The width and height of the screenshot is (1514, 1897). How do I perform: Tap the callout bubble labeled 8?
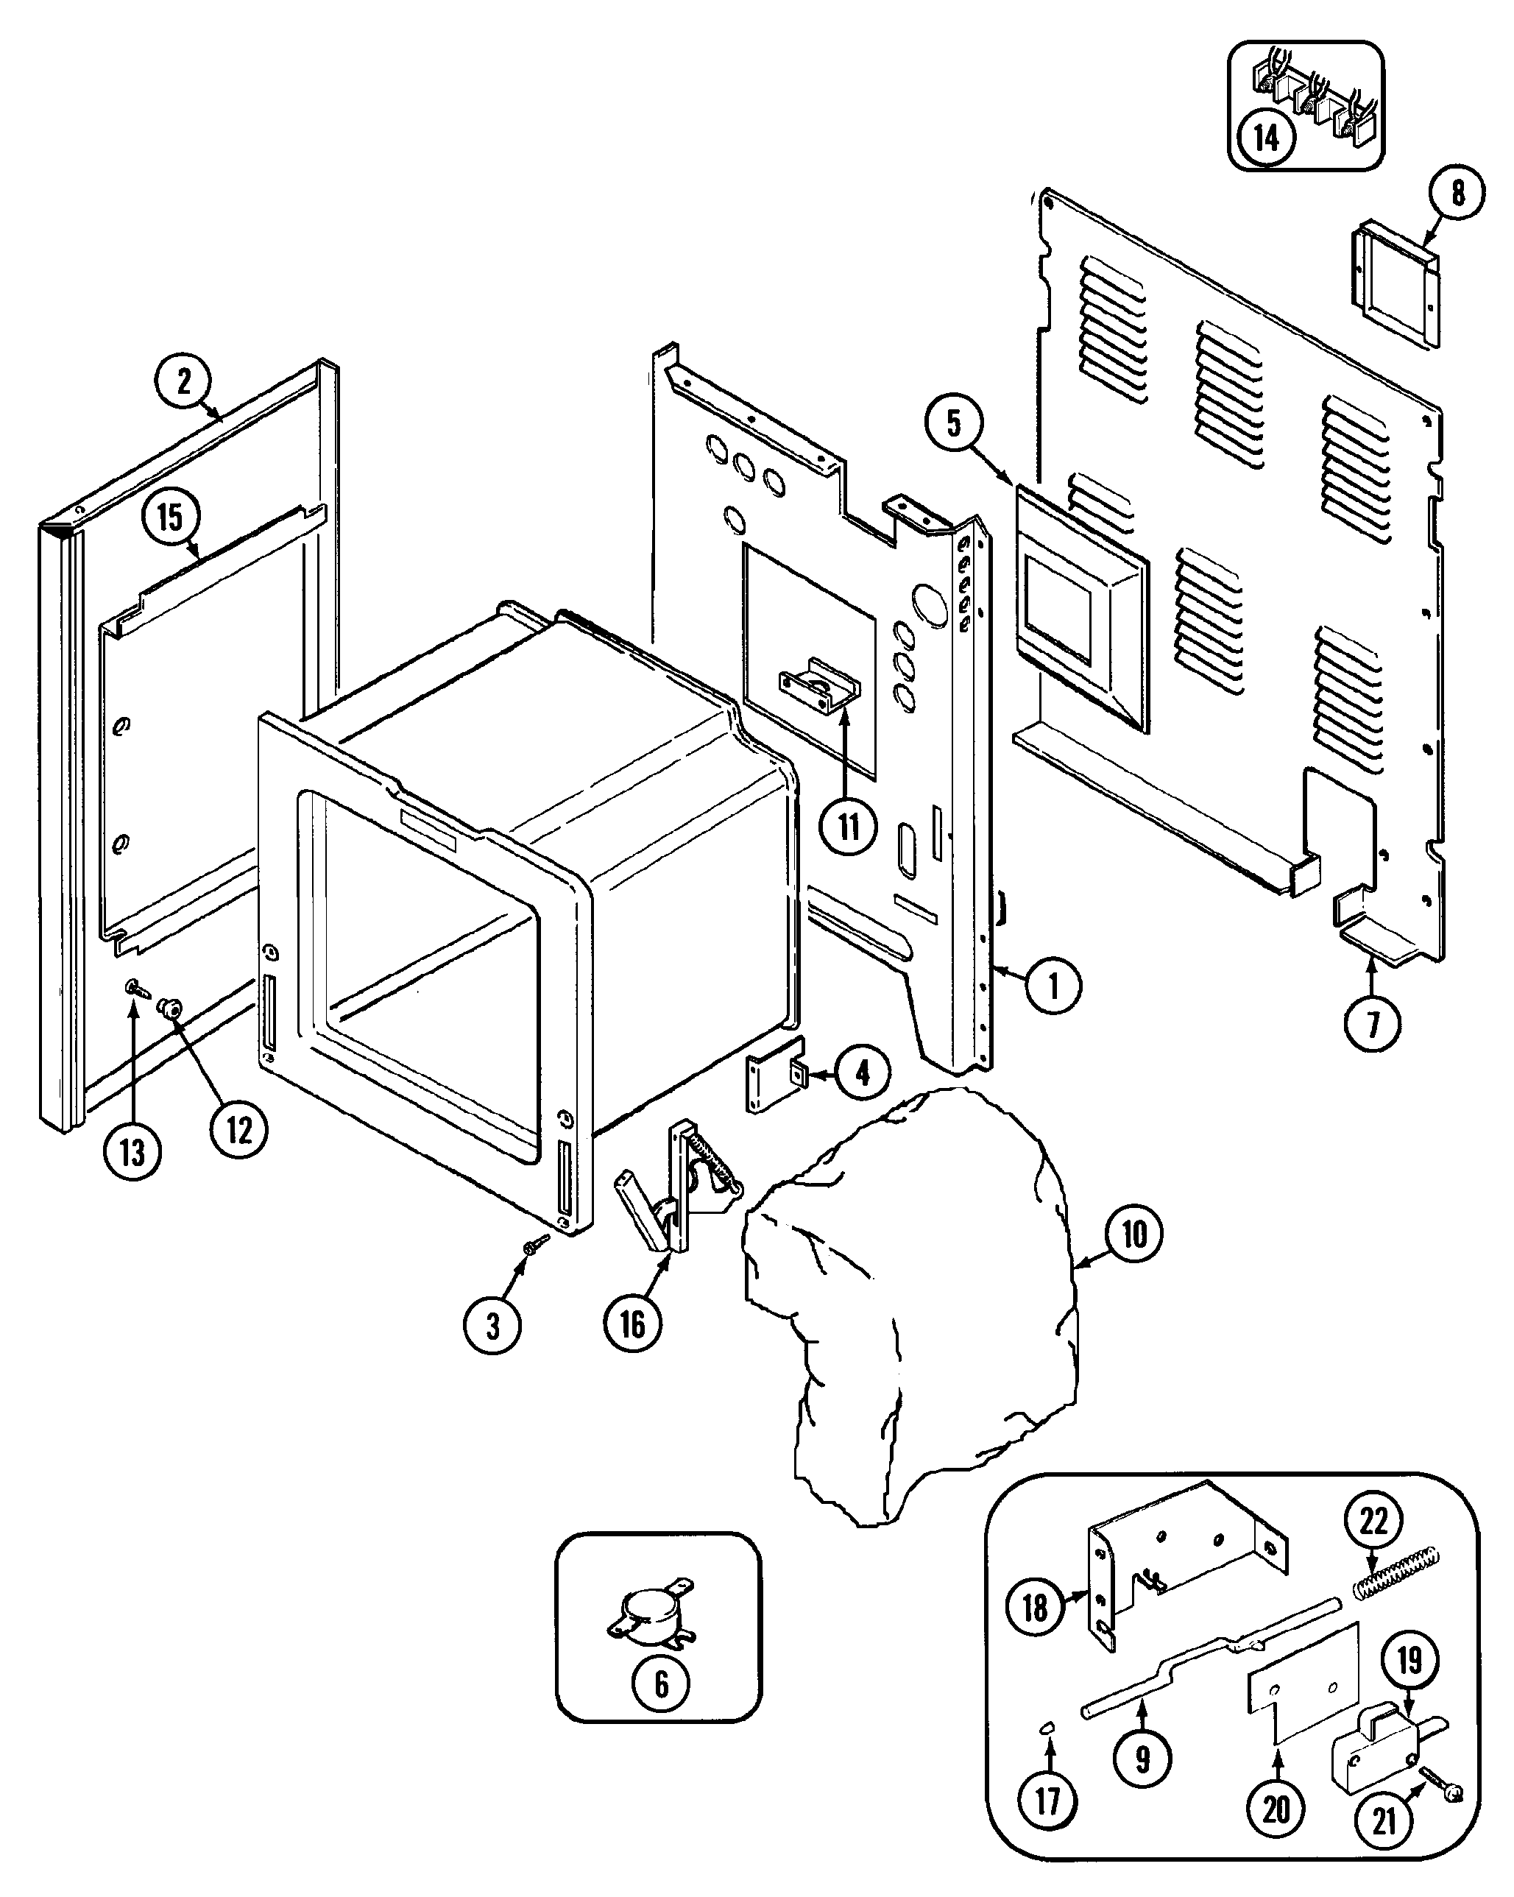tap(1457, 193)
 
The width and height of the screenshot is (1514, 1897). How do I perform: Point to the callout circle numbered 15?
tap(170, 517)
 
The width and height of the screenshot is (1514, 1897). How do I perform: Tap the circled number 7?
tap(1373, 1022)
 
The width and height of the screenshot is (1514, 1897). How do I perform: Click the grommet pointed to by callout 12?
tap(166, 1008)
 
